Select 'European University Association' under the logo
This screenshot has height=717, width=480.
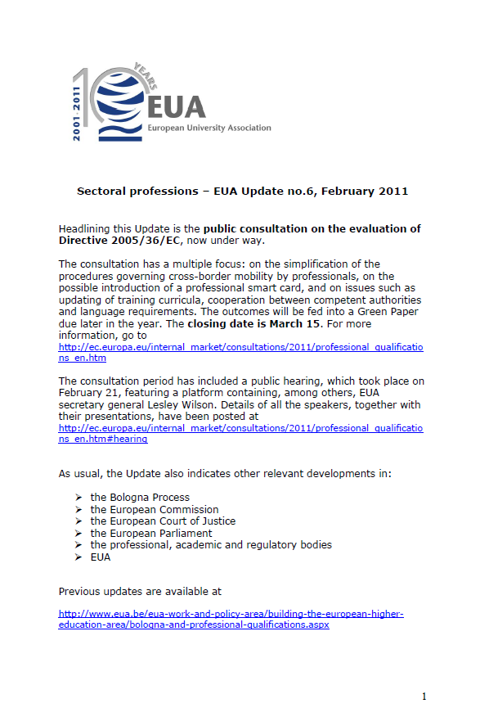(x=209, y=129)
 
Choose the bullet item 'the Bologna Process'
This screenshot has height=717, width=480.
(x=140, y=497)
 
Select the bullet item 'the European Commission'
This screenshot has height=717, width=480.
(x=155, y=509)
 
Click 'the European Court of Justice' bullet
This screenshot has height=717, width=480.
(x=163, y=521)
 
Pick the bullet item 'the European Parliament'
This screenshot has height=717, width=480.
(x=151, y=533)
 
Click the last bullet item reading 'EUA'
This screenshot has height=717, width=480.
(x=101, y=557)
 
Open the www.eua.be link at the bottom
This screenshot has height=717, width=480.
(x=231, y=619)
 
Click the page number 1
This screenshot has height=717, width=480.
(x=424, y=697)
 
